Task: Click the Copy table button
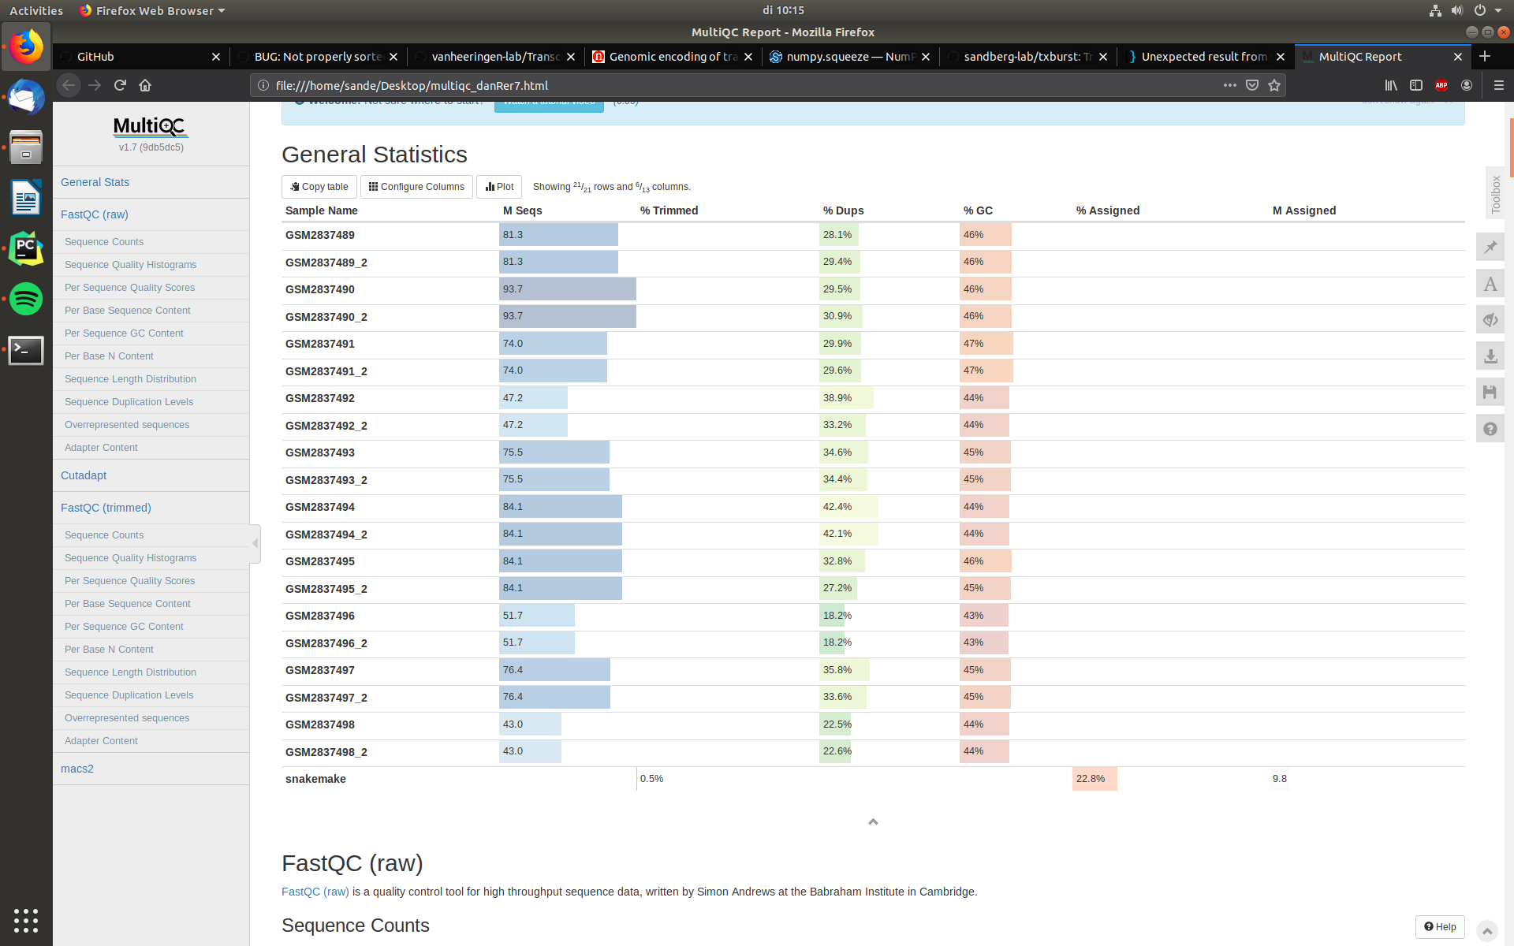[x=319, y=187]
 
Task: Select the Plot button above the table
[x=499, y=187]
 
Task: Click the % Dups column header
[x=843, y=210]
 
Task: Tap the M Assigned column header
[x=1303, y=210]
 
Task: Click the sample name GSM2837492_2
[x=326, y=426]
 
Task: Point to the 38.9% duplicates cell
[x=837, y=398]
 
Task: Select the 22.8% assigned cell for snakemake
[x=1091, y=779]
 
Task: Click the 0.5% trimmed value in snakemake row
[x=651, y=779]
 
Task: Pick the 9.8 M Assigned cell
[x=1279, y=779]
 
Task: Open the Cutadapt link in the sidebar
[x=84, y=475]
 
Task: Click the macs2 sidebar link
[x=77, y=769]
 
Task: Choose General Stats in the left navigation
[x=95, y=182]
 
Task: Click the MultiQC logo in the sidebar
[x=151, y=127]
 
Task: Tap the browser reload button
[x=120, y=85]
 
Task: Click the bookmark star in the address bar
[x=1274, y=85]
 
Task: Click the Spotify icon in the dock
[x=26, y=299]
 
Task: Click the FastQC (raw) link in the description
[x=315, y=892]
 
